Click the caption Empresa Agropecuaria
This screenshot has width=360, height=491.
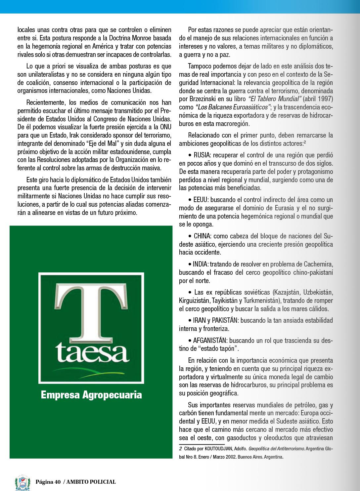[91, 395]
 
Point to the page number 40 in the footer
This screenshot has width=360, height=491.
[58, 482]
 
